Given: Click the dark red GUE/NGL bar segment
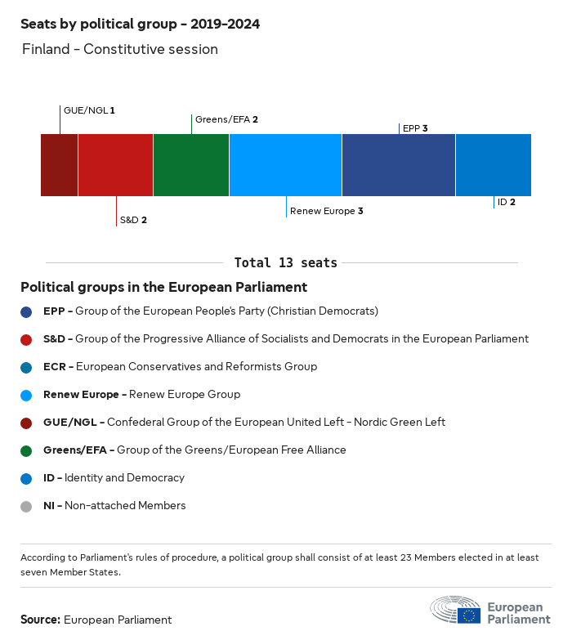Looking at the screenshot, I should (59, 165).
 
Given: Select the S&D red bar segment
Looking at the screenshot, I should (115, 165).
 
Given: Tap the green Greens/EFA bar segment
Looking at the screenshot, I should (190, 165).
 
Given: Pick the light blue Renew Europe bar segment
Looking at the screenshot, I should (285, 165).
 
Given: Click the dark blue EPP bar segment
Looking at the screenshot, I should (398, 165).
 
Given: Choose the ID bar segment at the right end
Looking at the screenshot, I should (493, 165).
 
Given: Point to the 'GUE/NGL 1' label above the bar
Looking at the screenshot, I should (89, 110).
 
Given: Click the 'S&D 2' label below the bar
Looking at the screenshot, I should (133, 220).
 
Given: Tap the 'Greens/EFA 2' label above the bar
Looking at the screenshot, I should (226, 119).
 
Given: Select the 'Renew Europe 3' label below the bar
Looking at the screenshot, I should (326, 211).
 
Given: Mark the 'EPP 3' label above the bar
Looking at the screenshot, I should (415, 128).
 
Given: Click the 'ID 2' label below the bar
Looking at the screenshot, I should (506, 202).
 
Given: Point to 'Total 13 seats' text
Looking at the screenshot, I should (285, 262).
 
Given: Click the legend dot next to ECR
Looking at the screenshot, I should (26, 367).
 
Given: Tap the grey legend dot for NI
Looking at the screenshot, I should (26, 506).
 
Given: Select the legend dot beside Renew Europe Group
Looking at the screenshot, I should (26, 395).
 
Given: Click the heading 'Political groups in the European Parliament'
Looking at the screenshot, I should (163, 288).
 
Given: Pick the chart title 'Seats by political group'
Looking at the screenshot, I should (140, 25).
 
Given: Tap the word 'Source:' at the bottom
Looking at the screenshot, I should (40, 620).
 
